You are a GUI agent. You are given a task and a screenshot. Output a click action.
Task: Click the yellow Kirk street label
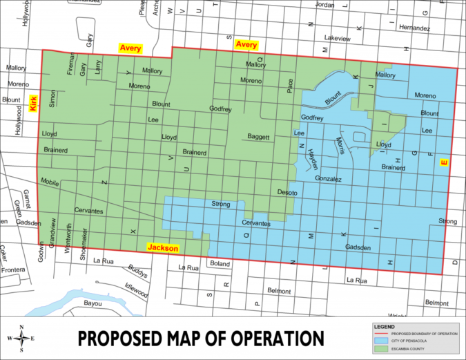32,104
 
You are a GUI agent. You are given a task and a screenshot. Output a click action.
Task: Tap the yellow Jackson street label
163,248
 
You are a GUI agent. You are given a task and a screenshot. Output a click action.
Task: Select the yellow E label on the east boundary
444,163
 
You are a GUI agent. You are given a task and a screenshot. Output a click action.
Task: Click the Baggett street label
258,137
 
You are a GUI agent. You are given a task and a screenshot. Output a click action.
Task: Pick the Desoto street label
287,191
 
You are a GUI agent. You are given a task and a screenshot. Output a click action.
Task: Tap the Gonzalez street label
328,179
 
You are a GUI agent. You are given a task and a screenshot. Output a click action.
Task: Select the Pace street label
291,86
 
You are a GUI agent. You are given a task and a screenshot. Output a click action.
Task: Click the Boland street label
220,263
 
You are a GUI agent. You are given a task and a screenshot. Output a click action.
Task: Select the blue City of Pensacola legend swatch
385,341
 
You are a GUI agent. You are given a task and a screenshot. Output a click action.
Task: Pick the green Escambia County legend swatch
385,349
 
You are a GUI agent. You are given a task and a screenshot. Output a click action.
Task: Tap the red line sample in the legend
385,334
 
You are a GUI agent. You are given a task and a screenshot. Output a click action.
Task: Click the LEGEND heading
384,325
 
